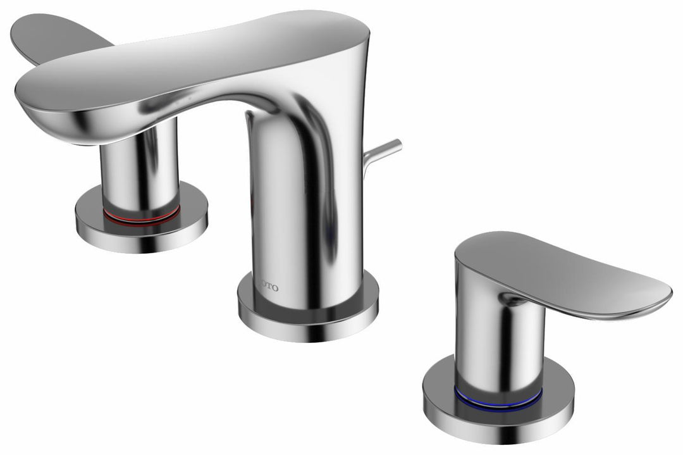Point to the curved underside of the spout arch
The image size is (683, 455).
coord(209,108)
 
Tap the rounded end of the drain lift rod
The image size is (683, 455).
coord(397,145)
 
